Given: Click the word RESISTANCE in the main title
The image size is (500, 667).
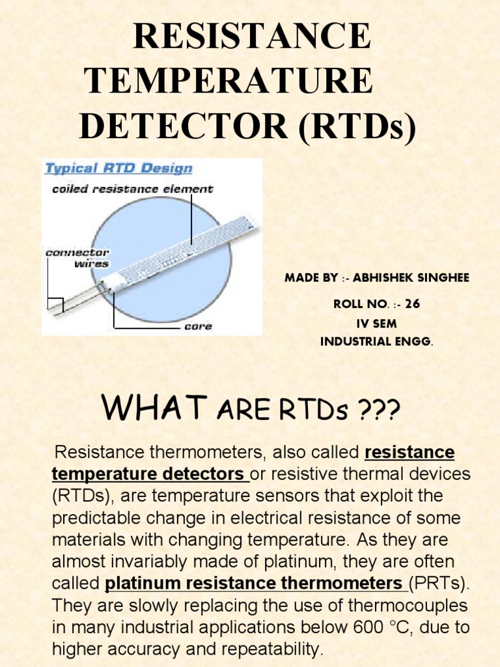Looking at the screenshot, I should click(x=252, y=37).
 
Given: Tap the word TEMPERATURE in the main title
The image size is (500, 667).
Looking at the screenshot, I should click(x=229, y=81).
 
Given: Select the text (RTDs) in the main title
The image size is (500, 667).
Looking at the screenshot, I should click(x=357, y=124).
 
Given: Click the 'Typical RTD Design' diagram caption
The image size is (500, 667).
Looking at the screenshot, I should click(x=118, y=169).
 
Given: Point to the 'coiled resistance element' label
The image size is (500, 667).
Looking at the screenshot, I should click(x=132, y=189).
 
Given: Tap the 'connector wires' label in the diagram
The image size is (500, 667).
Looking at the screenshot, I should click(x=77, y=258).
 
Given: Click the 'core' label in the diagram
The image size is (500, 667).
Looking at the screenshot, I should click(x=198, y=326).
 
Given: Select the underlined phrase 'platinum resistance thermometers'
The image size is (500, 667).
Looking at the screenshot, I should click(x=253, y=582).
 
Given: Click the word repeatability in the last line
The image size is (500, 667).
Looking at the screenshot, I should click(x=266, y=649).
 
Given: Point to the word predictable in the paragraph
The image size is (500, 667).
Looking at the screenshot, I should click(x=104, y=518).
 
